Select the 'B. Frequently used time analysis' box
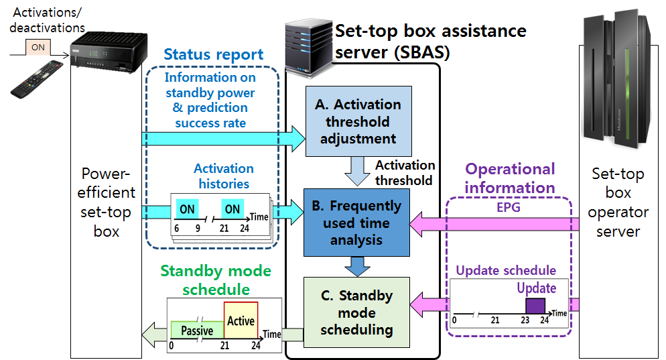tap(356, 222)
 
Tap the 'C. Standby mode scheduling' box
tap(356, 312)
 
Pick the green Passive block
tap(197, 331)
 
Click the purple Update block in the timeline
tap(535, 306)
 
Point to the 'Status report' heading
tap(214, 54)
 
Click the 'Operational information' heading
tap(511, 178)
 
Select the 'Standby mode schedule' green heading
tap(216, 280)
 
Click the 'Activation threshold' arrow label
tap(405, 172)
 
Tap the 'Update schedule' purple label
tap(506, 271)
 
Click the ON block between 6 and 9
tap(187, 209)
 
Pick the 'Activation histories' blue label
tap(224, 176)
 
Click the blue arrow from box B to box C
tap(356, 266)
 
